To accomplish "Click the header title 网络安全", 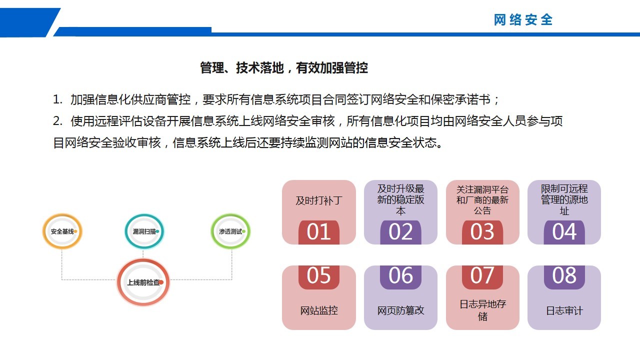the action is (x=523, y=20).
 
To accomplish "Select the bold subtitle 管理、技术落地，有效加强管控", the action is (x=283, y=68).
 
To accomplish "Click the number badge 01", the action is (x=319, y=232).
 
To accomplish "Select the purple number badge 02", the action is (x=400, y=232).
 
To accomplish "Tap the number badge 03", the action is (x=482, y=232).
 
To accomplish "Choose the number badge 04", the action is (x=564, y=232).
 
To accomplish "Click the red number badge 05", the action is (x=319, y=277).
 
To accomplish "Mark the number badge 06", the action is (x=400, y=277).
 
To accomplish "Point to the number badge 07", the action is (x=482, y=277).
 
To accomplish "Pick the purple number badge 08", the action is (x=564, y=277).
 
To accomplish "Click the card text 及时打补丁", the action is (x=319, y=200).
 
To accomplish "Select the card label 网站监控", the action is (x=319, y=310).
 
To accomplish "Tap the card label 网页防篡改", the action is (x=400, y=310).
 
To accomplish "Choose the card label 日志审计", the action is (x=564, y=311).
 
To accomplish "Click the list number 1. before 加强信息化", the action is (x=57, y=99).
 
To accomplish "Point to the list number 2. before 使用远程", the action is (x=57, y=121).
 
